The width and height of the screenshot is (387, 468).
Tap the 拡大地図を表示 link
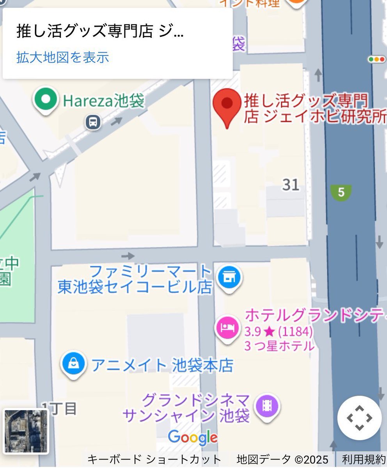click(x=62, y=57)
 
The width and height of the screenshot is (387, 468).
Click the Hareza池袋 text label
click(x=103, y=101)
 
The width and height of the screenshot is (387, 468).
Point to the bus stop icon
click(x=93, y=122)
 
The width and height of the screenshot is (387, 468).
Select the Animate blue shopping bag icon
click(x=74, y=364)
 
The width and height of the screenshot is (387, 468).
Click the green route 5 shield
click(x=341, y=192)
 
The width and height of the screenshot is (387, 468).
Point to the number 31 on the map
click(x=291, y=184)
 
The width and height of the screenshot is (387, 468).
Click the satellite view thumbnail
click(x=26, y=431)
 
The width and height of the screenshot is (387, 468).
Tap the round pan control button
click(x=359, y=418)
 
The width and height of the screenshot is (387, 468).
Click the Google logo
click(x=193, y=438)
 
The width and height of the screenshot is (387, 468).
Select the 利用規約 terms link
click(x=364, y=459)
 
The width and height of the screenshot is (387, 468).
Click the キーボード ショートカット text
click(x=154, y=459)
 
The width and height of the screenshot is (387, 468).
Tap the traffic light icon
click(x=376, y=59)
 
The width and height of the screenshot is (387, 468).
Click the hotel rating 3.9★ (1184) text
click(x=279, y=332)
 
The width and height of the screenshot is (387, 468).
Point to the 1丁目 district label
click(x=59, y=408)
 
